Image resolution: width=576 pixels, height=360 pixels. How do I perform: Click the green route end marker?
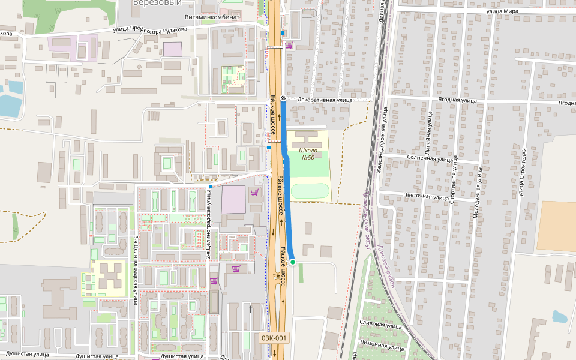tap(293, 262)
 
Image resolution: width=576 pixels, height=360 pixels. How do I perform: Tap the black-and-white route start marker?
tap(283, 98)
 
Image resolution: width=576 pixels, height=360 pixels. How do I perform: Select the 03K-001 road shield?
tap(275, 338)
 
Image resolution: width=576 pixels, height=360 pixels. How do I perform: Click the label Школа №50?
tap(307, 154)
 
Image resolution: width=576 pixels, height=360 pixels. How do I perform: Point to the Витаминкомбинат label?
tap(212, 17)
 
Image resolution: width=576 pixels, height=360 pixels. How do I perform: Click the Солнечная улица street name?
tap(430, 159)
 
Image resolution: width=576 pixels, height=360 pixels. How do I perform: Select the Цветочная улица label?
tap(425, 196)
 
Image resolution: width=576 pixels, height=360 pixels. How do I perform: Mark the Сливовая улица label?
tap(379, 325)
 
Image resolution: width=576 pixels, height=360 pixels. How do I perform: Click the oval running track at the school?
tap(310, 192)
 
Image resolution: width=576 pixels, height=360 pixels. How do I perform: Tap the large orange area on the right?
tap(556, 226)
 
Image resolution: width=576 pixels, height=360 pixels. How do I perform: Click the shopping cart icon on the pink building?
tap(254, 192)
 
